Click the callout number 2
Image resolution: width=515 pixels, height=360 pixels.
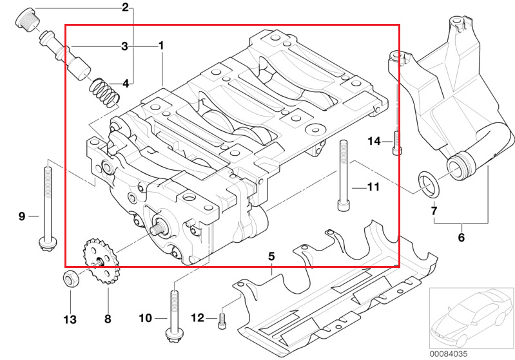[125, 7]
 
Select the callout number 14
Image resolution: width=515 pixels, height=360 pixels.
[374, 141]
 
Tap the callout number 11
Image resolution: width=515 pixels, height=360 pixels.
[373, 187]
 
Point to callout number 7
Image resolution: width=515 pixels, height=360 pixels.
[434, 211]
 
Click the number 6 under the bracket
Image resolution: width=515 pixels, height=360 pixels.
[462, 237]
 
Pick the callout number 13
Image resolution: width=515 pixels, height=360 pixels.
[70, 319]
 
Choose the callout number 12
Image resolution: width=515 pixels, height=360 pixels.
[197, 317]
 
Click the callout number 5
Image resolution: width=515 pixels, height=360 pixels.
[271, 256]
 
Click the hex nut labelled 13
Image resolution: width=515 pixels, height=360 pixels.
[71, 278]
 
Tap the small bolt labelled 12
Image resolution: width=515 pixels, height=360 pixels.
[222, 321]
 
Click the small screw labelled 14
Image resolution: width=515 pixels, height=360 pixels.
[397, 142]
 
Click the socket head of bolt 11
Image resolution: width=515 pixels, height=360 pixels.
[343, 205]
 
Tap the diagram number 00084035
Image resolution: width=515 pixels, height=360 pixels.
[449, 354]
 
